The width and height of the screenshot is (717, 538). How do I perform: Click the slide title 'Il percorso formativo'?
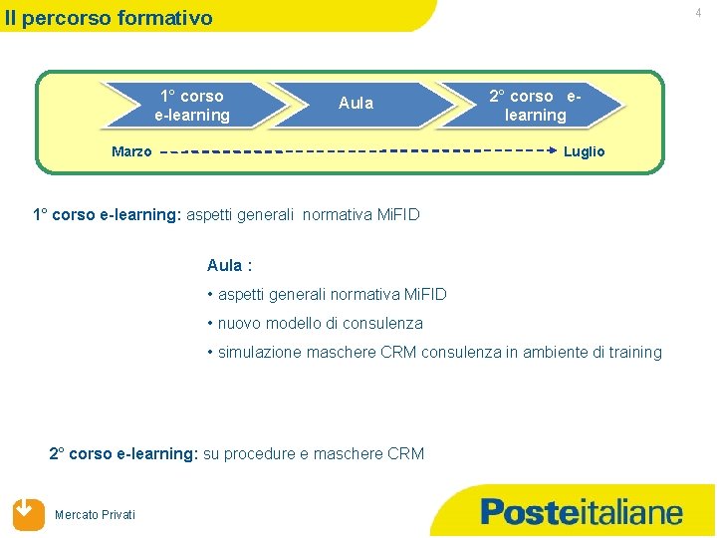(x=108, y=18)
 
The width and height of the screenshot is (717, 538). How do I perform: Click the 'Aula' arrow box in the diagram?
(x=356, y=103)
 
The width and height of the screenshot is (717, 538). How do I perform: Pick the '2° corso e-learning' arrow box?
(x=535, y=106)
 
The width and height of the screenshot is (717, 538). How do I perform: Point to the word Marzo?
(x=131, y=152)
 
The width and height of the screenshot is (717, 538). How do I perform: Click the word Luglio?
(x=584, y=151)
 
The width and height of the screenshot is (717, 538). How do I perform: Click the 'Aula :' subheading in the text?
(x=229, y=265)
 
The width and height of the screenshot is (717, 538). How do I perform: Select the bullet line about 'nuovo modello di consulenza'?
(x=315, y=323)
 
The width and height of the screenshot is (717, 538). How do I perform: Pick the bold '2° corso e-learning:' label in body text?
(x=123, y=453)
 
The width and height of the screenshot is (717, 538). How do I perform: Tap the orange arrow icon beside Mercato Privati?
(x=29, y=513)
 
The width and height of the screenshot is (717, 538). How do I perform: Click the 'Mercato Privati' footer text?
(x=96, y=514)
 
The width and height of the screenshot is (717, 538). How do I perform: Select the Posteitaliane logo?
(x=582, y=512)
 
